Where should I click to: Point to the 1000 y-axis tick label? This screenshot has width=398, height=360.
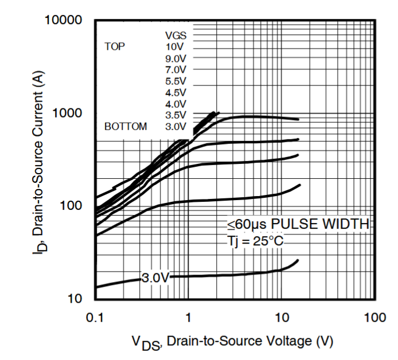pyautogui.click(x=69, y=114)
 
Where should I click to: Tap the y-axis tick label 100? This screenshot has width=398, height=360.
pyautogui.click(x=73, y=206)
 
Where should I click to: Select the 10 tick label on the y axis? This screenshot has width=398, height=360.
pyautogui.click(x=76, y=299)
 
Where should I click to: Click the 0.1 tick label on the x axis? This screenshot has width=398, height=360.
pyautogui.click(x=95, y=317)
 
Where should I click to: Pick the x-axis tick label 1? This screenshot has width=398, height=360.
pyautogui.click(x=188, y=317)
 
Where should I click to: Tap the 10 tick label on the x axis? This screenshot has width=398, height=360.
pyautogui.click(x=281, y=317)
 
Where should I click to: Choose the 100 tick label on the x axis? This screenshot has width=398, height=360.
pyautogui.click(x=374, y=317)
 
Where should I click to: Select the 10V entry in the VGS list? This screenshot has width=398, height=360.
pyautogui.click(x=175, y=46)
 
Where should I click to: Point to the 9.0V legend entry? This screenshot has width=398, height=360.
pyautogui.click(x=175, y=58)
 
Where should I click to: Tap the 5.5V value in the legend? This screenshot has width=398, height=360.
pyautogui.click(x=175, y=81)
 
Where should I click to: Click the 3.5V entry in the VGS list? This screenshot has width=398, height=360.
pyautogui.click(x=175, y=115)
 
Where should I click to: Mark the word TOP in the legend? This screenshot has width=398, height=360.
pyautogui.click(x=115, y=46)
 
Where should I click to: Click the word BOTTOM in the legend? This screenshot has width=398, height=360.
pyautogui.click(x=126, y=126)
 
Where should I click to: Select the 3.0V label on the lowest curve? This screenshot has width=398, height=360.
pyautogui.click(x=156, y=279)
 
